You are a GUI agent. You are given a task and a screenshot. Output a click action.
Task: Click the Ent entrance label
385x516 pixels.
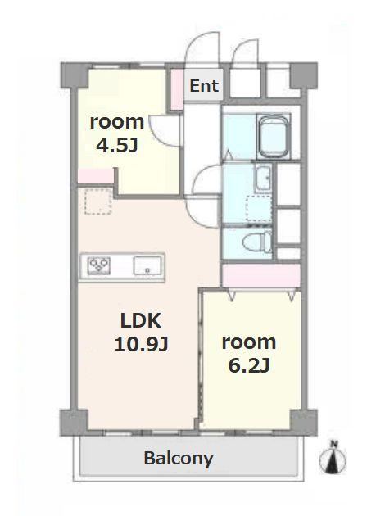pos(204,86)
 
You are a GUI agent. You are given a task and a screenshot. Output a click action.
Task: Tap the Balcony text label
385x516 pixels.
pos(179,459)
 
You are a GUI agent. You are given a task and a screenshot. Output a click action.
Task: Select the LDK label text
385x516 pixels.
pos(141,320)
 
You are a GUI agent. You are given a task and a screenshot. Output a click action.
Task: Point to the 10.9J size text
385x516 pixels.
pos(142,345)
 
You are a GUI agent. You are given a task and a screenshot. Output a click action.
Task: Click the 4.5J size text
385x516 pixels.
pos(117,145)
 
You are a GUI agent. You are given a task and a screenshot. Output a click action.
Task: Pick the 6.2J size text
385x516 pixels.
pos(249,365)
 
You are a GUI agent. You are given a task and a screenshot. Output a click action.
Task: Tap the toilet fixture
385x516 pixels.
pos(257,242)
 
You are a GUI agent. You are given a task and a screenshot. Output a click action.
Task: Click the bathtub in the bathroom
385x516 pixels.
pos(273,136)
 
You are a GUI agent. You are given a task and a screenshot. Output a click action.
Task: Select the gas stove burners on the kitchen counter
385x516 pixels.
pos(99,265)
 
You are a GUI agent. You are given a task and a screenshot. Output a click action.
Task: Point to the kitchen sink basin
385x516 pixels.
pos(147,265)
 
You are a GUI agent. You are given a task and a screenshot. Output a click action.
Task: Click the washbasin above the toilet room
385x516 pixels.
pos(263,178)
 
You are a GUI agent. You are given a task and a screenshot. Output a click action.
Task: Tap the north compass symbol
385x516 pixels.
pos(333,458)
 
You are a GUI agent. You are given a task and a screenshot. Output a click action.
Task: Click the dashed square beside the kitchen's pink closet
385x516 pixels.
pos(98,201)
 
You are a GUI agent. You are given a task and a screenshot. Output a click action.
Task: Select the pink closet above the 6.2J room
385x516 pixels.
pos(261,276)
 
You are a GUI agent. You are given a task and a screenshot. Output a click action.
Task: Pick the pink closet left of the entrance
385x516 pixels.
pos(178,89)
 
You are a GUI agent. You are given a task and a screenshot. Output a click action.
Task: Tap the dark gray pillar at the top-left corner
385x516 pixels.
pos(75,75)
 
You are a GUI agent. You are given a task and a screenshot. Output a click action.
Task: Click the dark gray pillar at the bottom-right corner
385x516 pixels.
pos(303,422)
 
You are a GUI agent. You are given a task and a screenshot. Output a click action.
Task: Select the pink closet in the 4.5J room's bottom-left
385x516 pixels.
pos(95,176)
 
